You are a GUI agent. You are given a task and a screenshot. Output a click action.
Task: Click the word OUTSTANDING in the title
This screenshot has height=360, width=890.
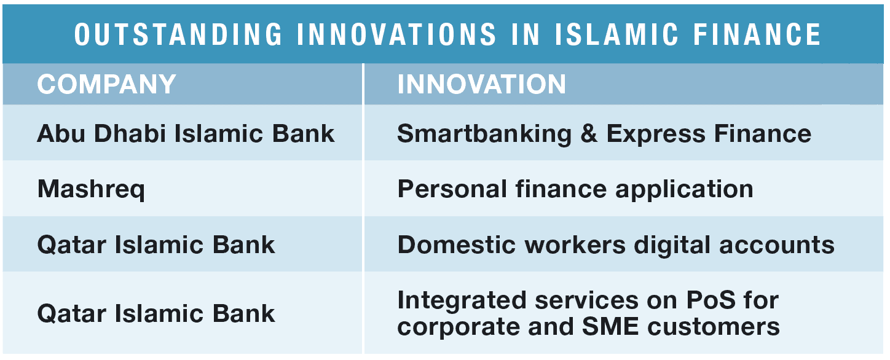click(x=178, y=34)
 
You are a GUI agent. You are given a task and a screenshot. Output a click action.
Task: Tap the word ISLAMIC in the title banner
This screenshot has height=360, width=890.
click(x=616, y=34)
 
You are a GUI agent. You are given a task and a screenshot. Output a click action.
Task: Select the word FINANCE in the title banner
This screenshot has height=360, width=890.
click(x=757, y=34)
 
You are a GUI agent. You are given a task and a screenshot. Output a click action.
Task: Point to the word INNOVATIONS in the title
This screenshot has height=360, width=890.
click(x=396, y=34)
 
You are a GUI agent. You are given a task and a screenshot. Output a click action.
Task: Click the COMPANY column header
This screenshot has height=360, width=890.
click(x=106, y=84)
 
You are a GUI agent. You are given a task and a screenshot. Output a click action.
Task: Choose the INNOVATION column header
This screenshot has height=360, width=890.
click(x=481, y=84)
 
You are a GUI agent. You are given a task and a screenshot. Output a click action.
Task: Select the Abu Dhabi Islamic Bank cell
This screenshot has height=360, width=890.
click(x=186, y=133)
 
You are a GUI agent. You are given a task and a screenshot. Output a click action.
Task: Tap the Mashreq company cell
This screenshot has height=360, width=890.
click(x=91, y=190)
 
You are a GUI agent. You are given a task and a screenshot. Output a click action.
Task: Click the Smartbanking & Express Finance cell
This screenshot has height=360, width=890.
click(x=604, y=134)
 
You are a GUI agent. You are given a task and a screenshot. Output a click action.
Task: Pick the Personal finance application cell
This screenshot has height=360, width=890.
click(x=575, y=190)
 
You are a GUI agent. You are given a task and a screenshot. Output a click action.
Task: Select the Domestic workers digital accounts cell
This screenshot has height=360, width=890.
click(x=616, y=245)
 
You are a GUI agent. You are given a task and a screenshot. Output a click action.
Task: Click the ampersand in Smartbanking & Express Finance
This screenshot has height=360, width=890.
click(x=589, y=133)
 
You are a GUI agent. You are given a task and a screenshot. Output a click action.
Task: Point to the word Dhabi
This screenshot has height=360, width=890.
click(x=130, y=133)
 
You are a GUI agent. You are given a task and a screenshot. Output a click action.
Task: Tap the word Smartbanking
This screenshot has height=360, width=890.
click(x=484, y=134)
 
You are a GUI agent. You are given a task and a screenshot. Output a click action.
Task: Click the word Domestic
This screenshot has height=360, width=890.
click(x=457, y=245)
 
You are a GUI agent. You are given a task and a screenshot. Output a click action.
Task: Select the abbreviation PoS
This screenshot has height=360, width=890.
click(x=711, y=300)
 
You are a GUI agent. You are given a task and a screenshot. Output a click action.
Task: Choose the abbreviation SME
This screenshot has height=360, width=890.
click(x=610, y=327)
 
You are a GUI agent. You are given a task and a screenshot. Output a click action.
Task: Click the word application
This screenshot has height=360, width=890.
click(x=684, y=190)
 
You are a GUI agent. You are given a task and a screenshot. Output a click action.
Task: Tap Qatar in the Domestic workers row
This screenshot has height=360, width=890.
click(x=71, y=245)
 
